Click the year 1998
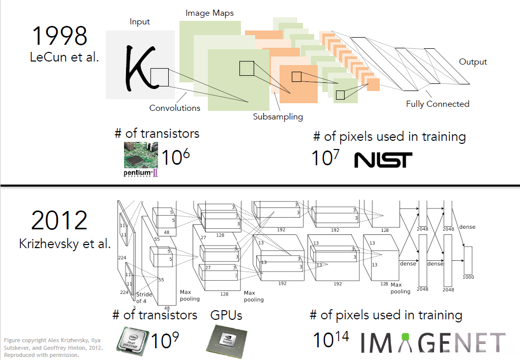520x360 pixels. click(59, 36)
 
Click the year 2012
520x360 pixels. click(59, 220)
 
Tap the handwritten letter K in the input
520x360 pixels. click(140, 68)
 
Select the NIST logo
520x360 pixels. click(383, 160)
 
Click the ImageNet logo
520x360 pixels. click(433, 342)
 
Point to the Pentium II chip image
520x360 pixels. click(141, 159)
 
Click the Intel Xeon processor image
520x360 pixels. click(132, 339)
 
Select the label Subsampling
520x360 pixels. click(278, 117)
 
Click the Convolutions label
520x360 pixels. click(175, 108)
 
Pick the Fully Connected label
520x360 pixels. click(438, 104)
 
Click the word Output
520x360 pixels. click(473, 62)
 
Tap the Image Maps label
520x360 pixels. click(209, 13)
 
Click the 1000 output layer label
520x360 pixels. click(468, 277)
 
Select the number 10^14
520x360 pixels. click(331, 340)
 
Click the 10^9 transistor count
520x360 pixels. click(165, 340)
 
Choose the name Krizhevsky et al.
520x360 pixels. click(65, 244)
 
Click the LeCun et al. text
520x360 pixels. click(65, 57)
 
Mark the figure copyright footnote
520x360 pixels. click(53, 347)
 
